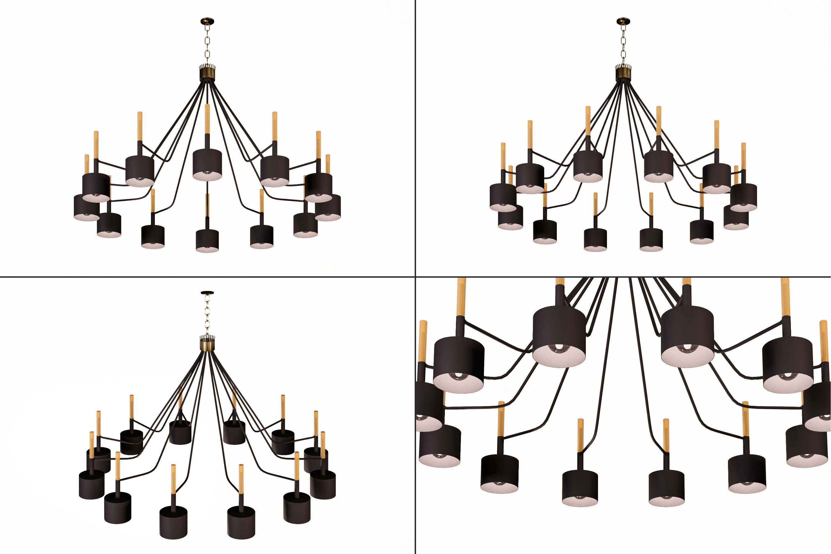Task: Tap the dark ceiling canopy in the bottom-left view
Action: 207,293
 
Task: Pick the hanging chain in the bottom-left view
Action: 207,315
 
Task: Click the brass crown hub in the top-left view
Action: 207,73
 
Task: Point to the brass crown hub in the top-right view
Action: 623,73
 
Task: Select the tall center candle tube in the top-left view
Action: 207,118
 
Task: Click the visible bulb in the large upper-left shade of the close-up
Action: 560,348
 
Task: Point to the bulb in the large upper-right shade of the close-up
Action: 688,348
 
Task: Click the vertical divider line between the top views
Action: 415,138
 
